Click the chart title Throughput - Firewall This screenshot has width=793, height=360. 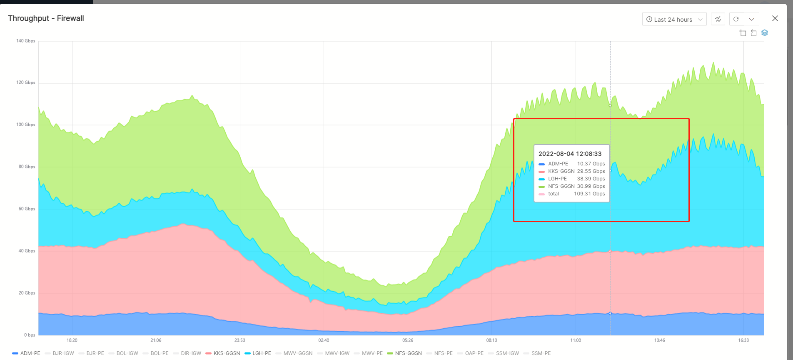point(46,18)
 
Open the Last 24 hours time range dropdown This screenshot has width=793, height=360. point(674,19)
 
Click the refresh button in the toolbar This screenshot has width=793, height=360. point(736,19)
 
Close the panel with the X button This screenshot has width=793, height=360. point(775,18)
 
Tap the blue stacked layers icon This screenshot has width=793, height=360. point(765,33)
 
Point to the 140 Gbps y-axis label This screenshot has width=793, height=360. point(26,41)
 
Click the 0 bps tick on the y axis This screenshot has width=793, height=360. point(30,335)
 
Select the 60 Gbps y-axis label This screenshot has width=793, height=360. point(27,209)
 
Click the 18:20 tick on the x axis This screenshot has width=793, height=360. point(72,340)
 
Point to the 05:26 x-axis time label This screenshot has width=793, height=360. point(408,340)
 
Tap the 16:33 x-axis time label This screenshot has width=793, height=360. point(743,340)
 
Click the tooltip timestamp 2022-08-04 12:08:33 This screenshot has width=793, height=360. point(570,154)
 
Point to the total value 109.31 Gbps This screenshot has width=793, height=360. point(589,194)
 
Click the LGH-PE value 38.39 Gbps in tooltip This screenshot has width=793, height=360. point(591,179)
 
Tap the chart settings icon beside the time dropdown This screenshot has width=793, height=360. point(718,19)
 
